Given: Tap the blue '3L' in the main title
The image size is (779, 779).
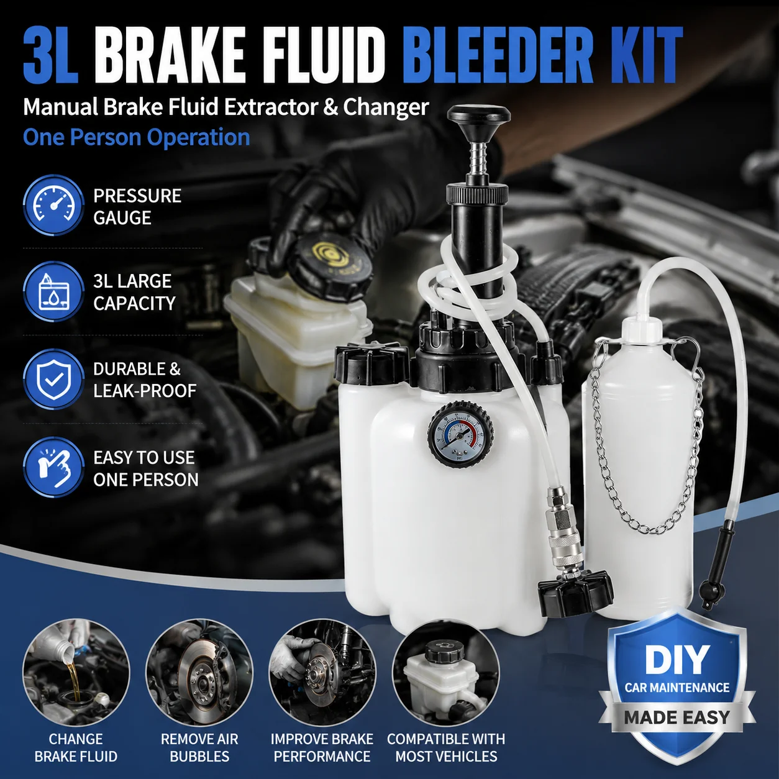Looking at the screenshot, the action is (x=50, y=55).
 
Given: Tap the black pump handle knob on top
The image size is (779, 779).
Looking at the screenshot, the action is (x=480, y=116).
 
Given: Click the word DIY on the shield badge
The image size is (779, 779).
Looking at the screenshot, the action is (x=677, y=659).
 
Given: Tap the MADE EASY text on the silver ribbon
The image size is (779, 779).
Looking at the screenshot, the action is (x=676, y=717).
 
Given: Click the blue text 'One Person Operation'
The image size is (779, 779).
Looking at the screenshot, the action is (x=137, y=137).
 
